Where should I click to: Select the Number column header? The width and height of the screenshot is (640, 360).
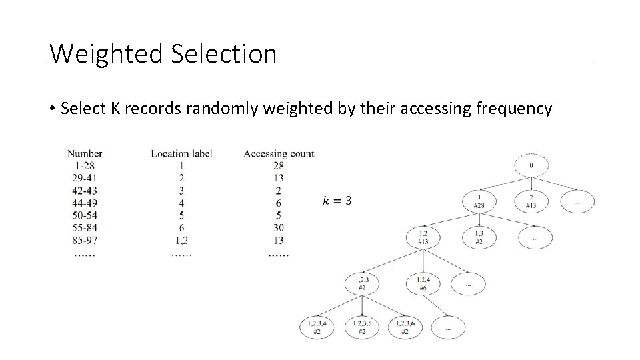click(85, 153)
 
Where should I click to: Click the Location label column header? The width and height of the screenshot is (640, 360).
click(181, 153)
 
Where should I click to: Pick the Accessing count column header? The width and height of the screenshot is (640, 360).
click(279, 153)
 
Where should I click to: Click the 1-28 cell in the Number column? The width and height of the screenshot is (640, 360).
click(84, 166)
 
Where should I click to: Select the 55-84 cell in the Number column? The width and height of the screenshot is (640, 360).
click(84, 227)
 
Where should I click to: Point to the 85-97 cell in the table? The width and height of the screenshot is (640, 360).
click(84, 240)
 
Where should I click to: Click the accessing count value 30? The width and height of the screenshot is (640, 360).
click(279, 227)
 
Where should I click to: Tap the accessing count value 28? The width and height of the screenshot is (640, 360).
click(279, 166)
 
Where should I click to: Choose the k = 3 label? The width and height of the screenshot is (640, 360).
click(337, 200)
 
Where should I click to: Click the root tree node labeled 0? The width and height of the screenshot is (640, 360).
click(531, 165)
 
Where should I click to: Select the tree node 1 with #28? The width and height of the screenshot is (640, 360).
click(479, 201)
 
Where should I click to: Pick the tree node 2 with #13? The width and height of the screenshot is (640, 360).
click(531, 201)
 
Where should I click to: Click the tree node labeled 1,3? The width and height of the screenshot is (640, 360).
click(479, 236)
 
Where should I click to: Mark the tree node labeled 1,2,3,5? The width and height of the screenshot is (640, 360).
click(361, 327)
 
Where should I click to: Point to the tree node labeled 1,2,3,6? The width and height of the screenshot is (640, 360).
click(405, 327)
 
